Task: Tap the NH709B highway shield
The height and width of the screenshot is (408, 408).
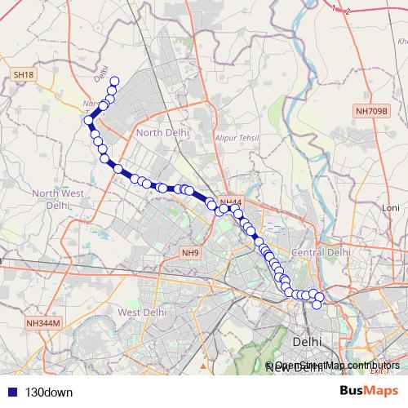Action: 371,110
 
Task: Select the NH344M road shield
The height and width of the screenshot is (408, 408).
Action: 44,323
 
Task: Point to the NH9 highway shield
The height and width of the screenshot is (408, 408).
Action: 190,252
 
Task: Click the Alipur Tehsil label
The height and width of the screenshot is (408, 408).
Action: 236,138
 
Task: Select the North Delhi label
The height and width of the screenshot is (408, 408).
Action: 162,131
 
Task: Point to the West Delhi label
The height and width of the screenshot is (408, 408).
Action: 143,312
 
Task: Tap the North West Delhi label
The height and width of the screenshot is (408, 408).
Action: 58,199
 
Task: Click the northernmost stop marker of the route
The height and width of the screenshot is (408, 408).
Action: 115,81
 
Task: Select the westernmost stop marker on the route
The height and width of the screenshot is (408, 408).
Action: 89,121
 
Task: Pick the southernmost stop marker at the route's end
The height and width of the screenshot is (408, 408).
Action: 317,304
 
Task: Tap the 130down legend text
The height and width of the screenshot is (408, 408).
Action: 48,391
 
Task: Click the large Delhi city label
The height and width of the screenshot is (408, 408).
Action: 307,339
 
